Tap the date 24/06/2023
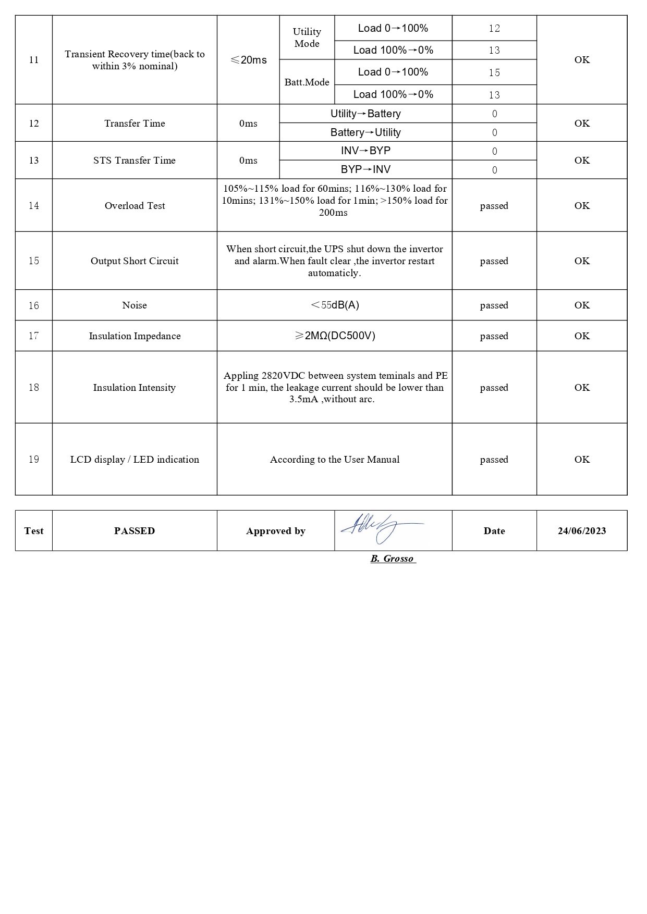(x=582, y=531)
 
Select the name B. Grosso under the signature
(x=393, y=559)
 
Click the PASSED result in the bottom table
(x=135, y=531)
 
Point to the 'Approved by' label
(x=275, y=531)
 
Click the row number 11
(x=34, y=60)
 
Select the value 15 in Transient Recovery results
(x=494, y=72)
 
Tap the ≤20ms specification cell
(x=248, y=60)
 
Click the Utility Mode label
(x=307, y=38)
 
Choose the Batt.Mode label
(x=307, y=82)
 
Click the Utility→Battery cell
(x=365, y=114)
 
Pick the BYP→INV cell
(x=365, y=169)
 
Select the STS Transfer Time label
(x=135, y=160)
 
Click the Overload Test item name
(x=135, y=206)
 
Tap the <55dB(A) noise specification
(x=334, y=305)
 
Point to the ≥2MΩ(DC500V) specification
(x=334, y=336)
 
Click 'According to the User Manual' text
(x=334, y=460)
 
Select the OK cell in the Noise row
(x=582, y=305)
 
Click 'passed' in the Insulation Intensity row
(x=494, y=388)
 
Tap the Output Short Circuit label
(x=135, y=261)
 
